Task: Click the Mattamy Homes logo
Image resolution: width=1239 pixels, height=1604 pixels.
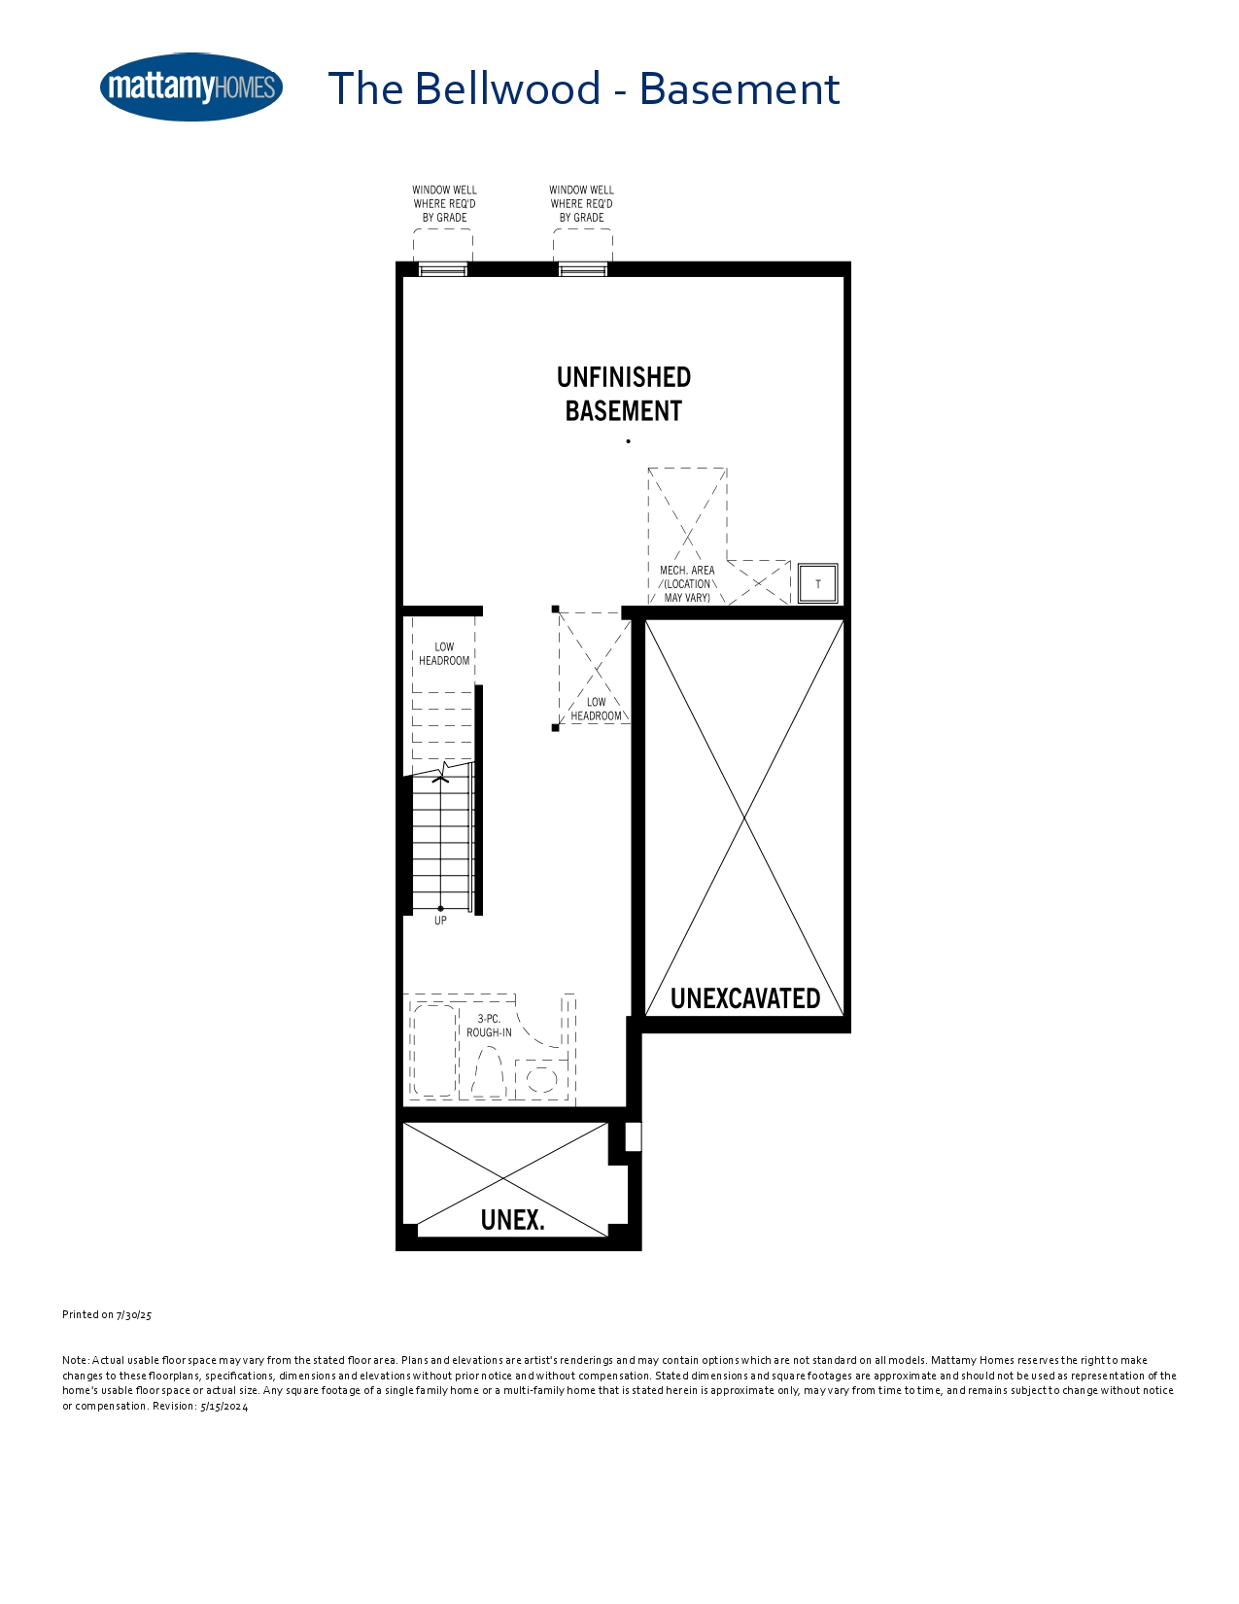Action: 191,87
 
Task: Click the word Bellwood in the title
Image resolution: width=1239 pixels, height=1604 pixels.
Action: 507,88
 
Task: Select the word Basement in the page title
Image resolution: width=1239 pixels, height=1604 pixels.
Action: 740,88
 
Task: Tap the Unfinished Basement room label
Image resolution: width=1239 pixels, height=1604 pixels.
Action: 624,394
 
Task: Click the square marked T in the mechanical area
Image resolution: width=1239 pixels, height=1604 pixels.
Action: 817,583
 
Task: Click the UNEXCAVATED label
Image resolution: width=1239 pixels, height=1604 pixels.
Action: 745,998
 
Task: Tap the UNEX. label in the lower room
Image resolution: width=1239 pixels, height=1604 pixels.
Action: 513,1220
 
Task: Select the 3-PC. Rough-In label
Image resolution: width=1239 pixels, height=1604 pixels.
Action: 489,1026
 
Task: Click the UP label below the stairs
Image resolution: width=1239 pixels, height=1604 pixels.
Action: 440,921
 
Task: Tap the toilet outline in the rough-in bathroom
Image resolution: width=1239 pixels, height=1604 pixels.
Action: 489,1072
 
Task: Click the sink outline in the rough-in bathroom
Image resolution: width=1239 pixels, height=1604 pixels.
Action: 541,1079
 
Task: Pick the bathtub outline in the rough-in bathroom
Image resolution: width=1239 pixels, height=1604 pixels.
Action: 434,1050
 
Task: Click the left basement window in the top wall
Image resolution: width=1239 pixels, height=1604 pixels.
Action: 443,269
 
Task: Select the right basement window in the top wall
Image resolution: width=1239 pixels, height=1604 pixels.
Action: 582,269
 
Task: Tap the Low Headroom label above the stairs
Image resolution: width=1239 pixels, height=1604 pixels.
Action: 444,653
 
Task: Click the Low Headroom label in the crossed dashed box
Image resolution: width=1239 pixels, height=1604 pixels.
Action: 597,709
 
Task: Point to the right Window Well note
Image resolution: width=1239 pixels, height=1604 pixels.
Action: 581,204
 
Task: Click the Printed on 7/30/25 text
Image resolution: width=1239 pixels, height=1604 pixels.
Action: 107,1314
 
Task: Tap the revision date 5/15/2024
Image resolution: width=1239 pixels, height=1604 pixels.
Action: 224,1407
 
